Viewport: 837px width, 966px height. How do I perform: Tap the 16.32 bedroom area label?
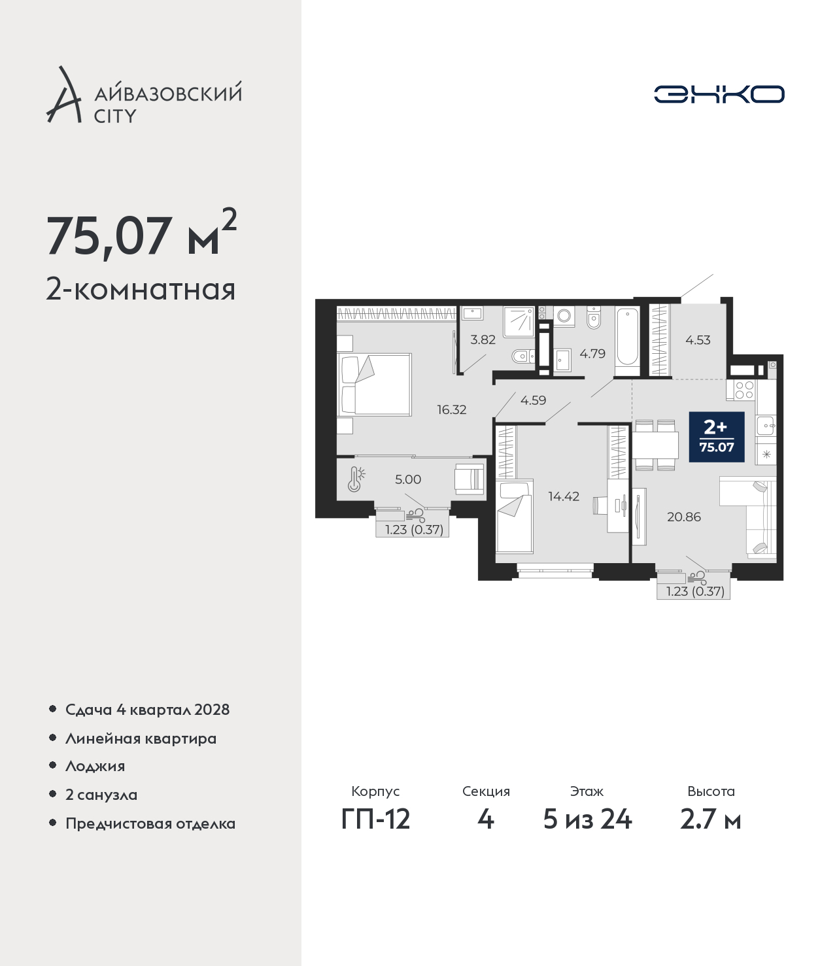point(451,410)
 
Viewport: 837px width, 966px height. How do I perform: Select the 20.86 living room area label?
point(684,517)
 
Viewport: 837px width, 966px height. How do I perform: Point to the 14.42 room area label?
point(564,496)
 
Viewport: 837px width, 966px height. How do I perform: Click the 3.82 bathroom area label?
point(483,339)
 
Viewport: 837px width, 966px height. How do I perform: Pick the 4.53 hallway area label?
point(698,340)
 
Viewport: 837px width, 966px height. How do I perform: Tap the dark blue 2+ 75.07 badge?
point(717,437)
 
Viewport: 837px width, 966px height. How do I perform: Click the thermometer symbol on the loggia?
point(356,479)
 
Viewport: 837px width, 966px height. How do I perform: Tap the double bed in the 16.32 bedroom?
point(376,385)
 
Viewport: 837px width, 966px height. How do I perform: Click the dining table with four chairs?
point(656,445)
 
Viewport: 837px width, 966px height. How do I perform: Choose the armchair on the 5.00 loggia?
point(470,478)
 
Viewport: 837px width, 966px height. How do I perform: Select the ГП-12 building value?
point(376,819)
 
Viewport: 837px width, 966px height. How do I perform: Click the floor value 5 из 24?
point(587,819)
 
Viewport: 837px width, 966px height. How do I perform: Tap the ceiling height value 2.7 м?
point(710,819)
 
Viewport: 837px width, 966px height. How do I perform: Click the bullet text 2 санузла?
point(101,795)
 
